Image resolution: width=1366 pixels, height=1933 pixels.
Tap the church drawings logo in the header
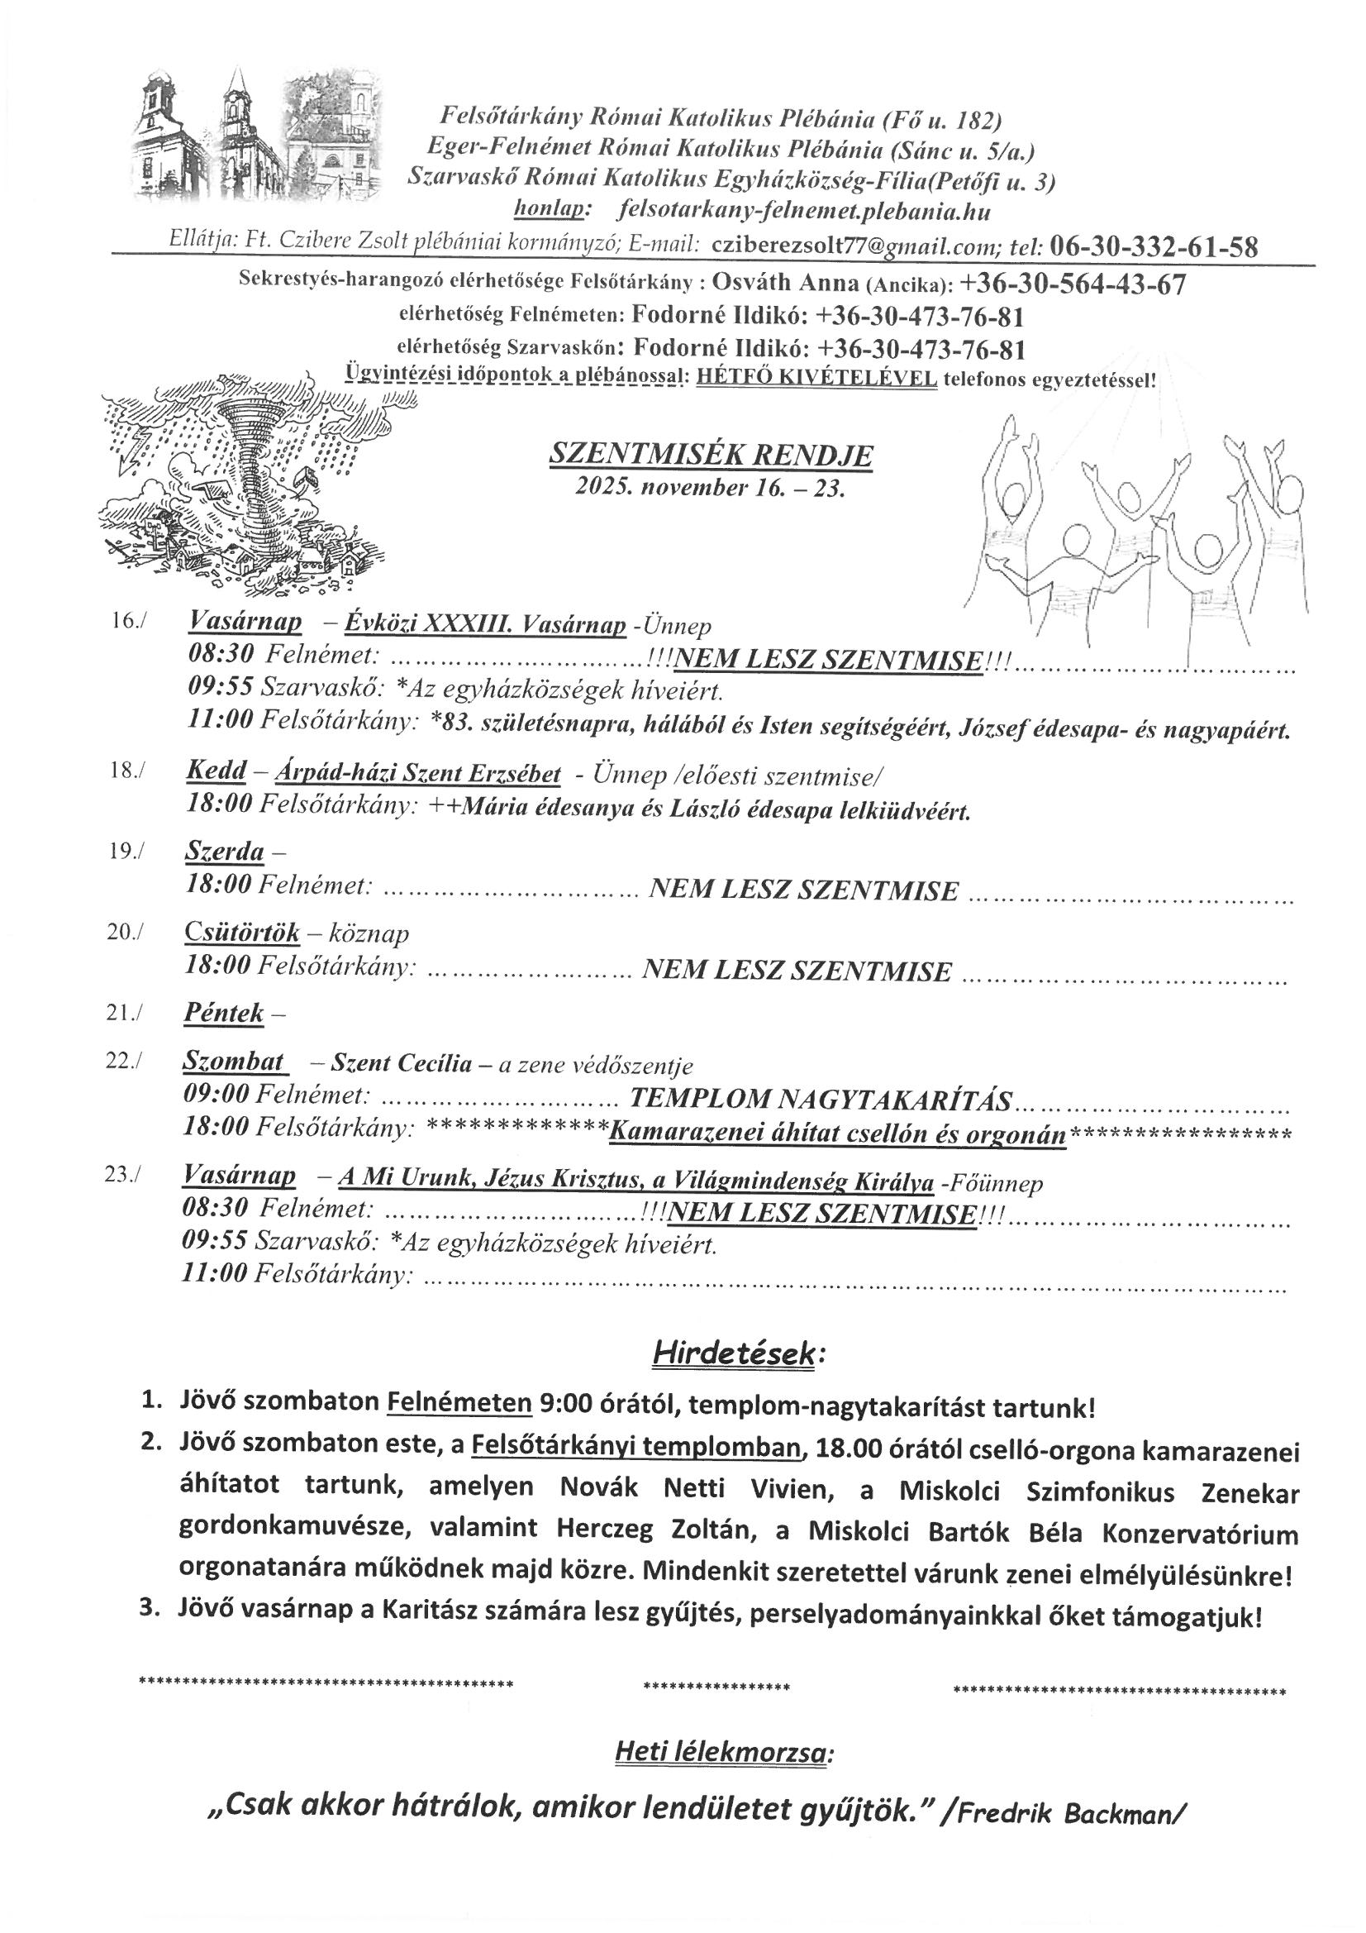coord(257,139)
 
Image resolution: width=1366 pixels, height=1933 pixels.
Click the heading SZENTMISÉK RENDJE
coord(711,456)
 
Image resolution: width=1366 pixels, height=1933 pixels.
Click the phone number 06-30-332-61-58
coord(1154,246)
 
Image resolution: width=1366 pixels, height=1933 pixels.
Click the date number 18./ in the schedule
coord(127,771)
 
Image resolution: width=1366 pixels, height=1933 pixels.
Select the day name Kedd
coord(217,770)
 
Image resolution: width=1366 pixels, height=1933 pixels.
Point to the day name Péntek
coord(224,1013)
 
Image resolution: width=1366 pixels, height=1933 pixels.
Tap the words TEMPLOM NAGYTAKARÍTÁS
coord(820,1099)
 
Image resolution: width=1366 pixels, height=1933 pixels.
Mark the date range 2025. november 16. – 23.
coord(710,489)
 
